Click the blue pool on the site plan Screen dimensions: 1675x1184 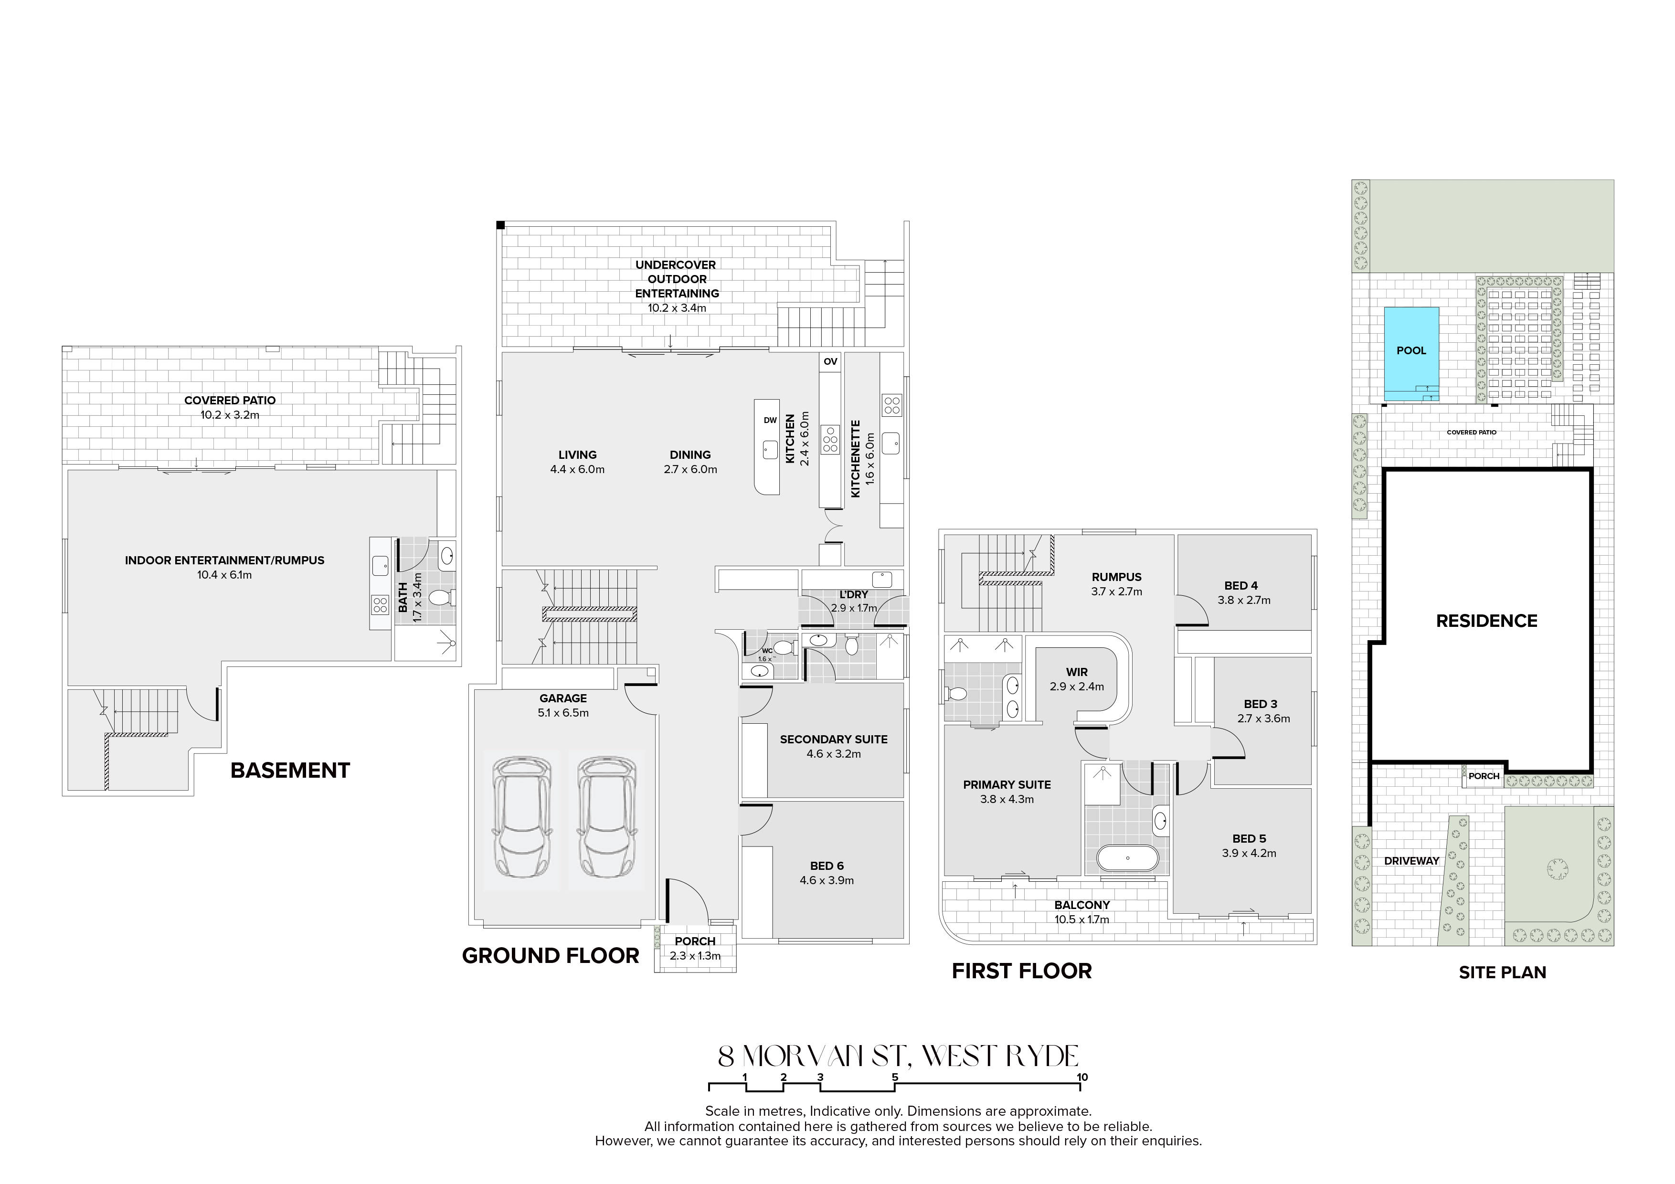[1411, 354]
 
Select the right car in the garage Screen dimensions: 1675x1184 [605, 816]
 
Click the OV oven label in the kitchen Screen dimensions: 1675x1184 [830, 361]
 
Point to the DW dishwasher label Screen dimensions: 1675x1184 [770, 420]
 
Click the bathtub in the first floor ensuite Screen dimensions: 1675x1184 [1127, 858]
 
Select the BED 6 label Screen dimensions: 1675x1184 [827, 866]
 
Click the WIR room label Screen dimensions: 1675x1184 [1077, 672]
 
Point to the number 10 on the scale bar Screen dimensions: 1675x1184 [1082, 1077]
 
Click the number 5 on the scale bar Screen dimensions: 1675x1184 [894, 1077]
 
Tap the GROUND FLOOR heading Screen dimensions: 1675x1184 [551, 956]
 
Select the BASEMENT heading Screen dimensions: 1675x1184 [290, 771]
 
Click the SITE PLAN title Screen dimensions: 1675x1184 [1503, 973]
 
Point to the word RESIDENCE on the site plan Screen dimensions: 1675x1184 [1487, 621]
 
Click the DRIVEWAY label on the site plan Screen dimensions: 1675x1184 [1411, 861]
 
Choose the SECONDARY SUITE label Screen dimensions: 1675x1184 [834, 739]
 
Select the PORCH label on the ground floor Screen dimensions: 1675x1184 [695, 941]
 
